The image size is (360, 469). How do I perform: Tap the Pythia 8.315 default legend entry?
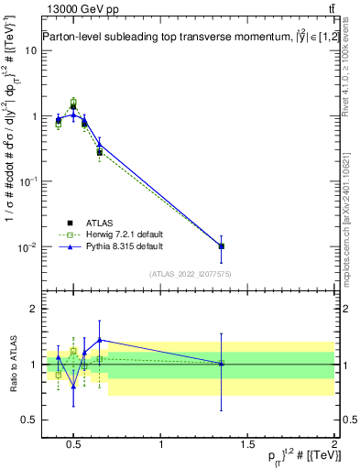(115, 246)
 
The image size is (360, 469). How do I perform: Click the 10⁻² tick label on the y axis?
(27, 247)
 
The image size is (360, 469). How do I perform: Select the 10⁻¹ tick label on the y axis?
(27, 181)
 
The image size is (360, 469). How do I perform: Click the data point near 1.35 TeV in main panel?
(221, 246)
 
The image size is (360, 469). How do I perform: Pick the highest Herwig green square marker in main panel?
(73, 102)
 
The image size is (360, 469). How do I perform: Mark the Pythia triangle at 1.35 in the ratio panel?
(221, 364)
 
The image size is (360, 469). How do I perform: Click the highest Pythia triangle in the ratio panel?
(99, 340)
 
